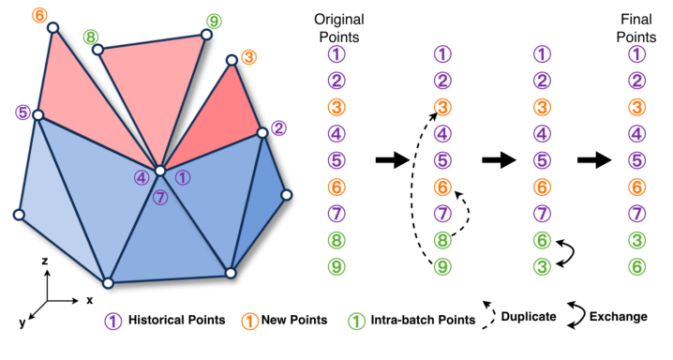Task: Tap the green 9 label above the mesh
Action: point(215,21)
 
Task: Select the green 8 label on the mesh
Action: point(91,38)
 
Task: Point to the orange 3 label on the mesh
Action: point(248,58)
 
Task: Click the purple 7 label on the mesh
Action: point(161,197)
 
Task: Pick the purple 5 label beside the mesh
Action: point(22,113)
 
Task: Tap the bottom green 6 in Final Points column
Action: point(636,266)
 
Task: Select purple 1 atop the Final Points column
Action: point(636,55)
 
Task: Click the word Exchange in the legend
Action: point(618,317)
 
